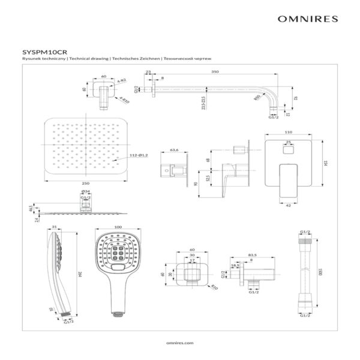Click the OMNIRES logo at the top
(307, 19)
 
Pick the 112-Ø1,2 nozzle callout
(140, 156)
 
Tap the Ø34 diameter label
(86, 191)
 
